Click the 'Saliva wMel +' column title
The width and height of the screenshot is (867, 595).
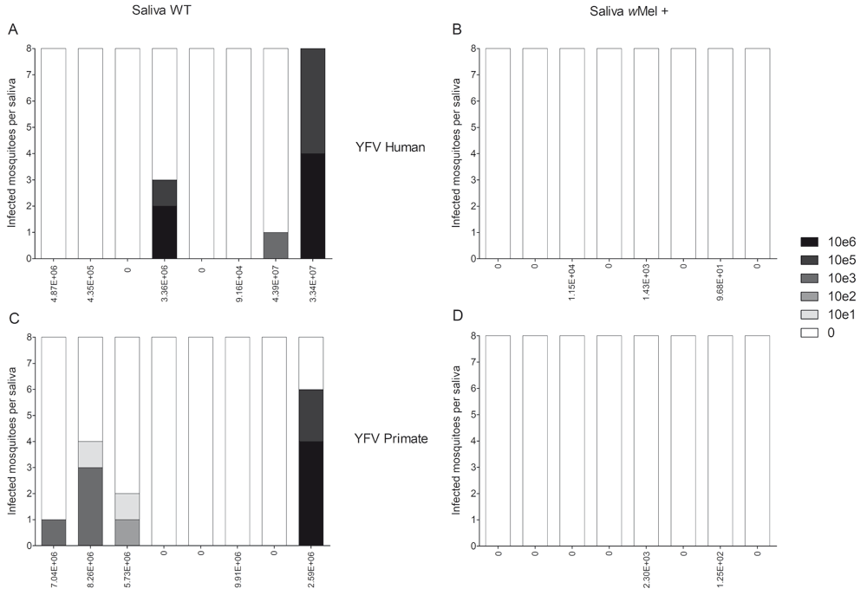point(621,10)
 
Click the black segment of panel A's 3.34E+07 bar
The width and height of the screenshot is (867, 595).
point(313,205)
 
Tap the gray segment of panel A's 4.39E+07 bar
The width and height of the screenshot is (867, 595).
point(276,245)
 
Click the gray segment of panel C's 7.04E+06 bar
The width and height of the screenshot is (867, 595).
point(54,532)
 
